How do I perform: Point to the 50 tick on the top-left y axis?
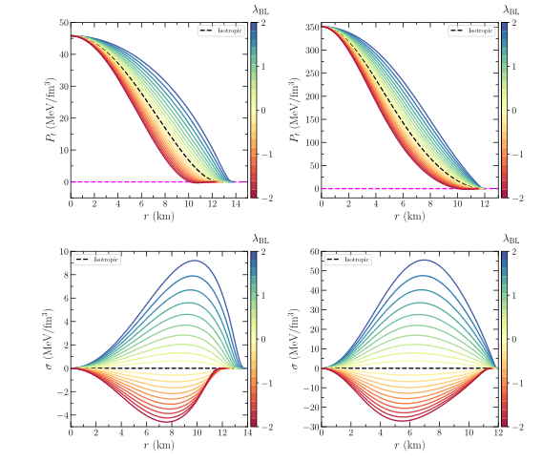(63, 22)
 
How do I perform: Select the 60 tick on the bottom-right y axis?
(310, 251)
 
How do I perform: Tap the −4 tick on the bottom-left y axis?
(63, 415)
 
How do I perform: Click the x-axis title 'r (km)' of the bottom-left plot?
(158, 445)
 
